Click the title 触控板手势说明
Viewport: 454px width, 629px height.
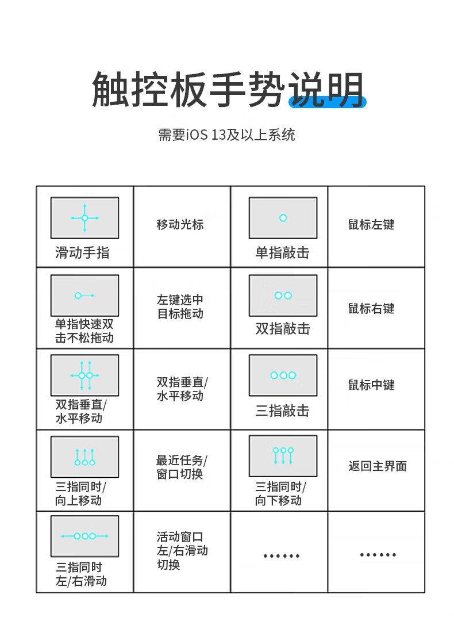point(228,89)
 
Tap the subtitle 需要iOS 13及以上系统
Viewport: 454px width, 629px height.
point(226,135)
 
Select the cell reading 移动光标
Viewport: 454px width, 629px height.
point(180,225)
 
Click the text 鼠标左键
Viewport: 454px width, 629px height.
point(371,225)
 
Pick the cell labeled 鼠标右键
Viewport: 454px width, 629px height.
point(371,308)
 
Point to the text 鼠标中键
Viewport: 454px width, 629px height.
point(371,385)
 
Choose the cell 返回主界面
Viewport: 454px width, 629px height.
point(378,466)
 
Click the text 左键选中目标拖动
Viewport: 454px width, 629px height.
point(180,307)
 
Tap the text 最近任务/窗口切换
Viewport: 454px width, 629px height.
point(182,467)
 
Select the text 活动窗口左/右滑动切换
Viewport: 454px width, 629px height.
point(182,551)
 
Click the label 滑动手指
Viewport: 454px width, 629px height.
point(82,252)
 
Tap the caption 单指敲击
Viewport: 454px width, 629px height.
point(282,252)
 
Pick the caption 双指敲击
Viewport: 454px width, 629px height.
point(282,329)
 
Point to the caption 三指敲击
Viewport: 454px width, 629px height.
point(282,411)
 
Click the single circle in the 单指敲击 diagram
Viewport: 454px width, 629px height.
point(283,218)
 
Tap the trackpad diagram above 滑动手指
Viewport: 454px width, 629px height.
point(84,218)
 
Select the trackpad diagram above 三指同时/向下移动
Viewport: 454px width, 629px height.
point(283,456)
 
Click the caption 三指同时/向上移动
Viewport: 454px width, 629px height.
point(80,493)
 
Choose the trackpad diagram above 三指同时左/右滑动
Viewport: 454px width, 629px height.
point(84,536)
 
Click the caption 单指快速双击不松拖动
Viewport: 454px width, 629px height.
point(84,331)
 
